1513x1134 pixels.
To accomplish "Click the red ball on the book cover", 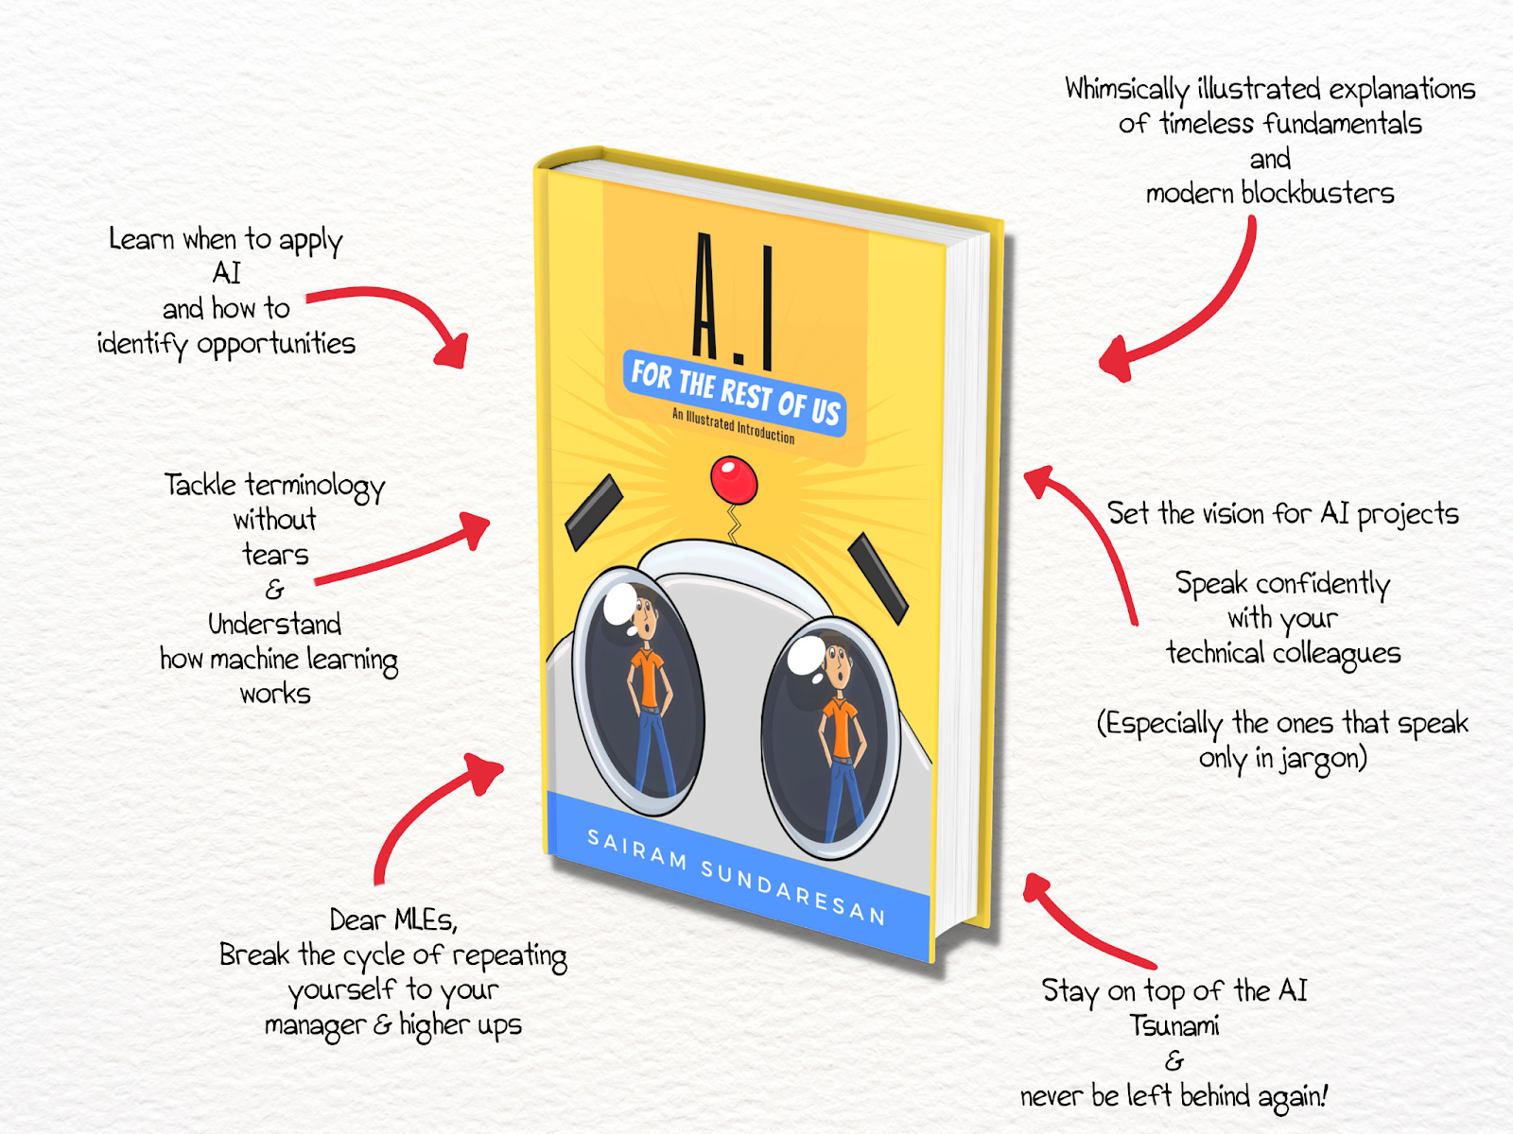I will [x=734, y=479].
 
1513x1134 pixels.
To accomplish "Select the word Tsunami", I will [x=1174, y=1025].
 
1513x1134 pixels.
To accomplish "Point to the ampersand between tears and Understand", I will [x=274, y=590].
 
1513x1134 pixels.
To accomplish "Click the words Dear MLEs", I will [x=393, y=919].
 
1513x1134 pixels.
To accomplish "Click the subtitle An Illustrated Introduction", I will [x=733, y=426].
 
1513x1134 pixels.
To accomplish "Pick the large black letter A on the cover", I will [x=704, y=298].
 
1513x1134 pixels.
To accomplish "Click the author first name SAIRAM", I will [x=636, y=850].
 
